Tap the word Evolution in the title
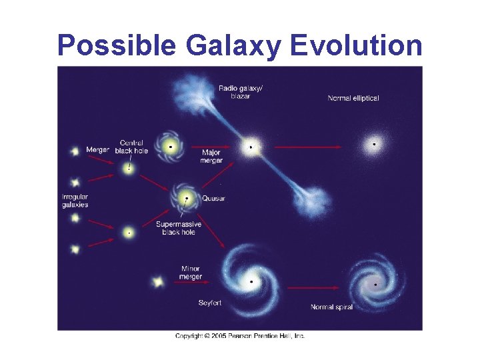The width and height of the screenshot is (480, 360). pos(356,46)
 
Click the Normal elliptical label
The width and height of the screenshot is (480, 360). pos(353,99)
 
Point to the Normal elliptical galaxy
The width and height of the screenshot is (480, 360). pos(374,144)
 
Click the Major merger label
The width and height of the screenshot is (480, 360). pos(211,157)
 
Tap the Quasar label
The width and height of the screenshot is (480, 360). pos(214,199)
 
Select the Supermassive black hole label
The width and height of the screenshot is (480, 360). pos(178,228)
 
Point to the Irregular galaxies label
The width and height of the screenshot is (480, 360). pos(75,201)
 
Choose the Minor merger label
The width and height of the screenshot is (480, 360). pos(191,273)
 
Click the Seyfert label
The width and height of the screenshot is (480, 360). pos(209,303)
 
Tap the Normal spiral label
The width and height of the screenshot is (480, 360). pos(331,307)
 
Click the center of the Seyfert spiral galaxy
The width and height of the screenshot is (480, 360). pos(251,282)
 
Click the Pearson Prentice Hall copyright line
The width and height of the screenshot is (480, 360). pos(240,336)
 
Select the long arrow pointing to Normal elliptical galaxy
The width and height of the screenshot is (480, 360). pos(313,146)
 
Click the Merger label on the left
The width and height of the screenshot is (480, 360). pos(97,150)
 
